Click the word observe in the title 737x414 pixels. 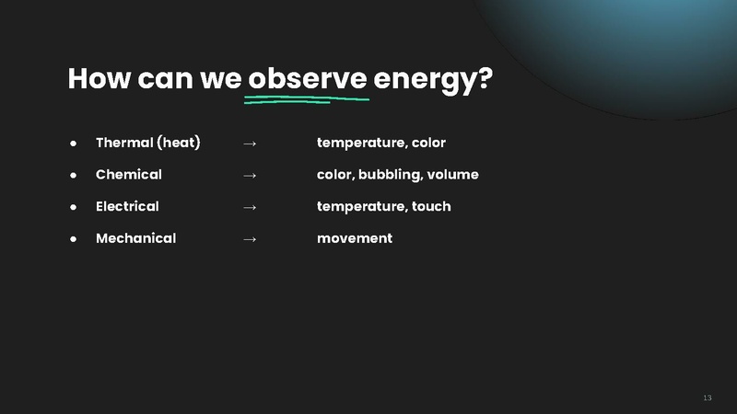pyautogui.click(x=308, y=78)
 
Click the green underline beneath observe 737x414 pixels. pyautogui.click(x=306, y=98)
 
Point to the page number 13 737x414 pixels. pyautogui.click(x=707, y=397)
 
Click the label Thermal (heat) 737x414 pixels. pyautogui.click(x=148, y=143)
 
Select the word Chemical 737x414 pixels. pyautogui.click(x=128, y=175)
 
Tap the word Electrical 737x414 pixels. pyautogui.click(x=127, y=206)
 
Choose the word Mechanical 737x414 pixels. pyautogui.click(x=135, y=238)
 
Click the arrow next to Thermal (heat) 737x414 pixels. pyautogui.click(x=249, y=144)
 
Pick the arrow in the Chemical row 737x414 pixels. pyautogui.click(x=249, y=175)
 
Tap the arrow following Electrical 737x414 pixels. pyautogui.click(x=249, y=207)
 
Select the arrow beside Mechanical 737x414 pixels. pyautogui.click(x=249, y=239)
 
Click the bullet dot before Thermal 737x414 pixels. pyautogui.click(x=72, y=144)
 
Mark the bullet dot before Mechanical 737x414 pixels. pyautogui.click(x=72, y=239)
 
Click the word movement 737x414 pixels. pyautogui.click(x=355, y=238)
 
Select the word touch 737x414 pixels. pyautogui.click(x=431, y=206)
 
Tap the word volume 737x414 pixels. pyautogui.click(x=454, y=175)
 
